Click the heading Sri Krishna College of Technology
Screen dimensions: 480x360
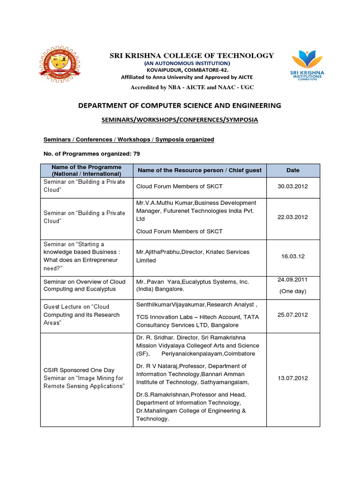191,55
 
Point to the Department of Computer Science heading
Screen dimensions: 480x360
180,105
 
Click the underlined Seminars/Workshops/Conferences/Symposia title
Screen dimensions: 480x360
180,120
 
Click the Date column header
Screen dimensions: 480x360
293,170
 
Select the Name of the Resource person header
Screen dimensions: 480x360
199,170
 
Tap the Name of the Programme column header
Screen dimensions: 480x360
87,170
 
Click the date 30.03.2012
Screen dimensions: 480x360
293,186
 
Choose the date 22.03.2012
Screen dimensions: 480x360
293,217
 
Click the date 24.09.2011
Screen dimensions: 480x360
293,280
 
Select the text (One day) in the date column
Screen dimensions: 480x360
293,291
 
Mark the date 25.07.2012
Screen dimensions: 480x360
293,315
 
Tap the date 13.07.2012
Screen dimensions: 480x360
293,378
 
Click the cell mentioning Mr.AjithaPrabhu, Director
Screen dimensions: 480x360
193,256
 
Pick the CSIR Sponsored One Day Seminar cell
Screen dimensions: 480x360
84,378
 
